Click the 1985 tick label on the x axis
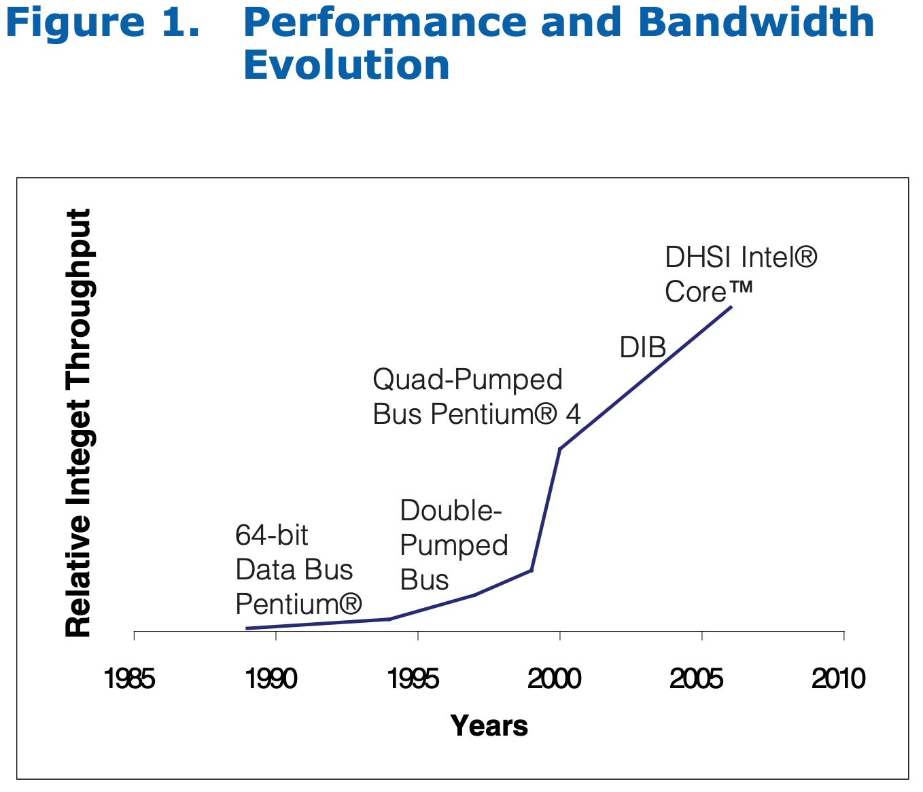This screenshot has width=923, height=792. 129,679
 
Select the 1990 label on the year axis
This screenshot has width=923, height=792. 271,679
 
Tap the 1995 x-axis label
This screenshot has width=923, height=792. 413,679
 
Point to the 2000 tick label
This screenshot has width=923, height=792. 555,679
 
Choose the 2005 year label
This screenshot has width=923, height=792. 697,679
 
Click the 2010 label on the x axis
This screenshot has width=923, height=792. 839,679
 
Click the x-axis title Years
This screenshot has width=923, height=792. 489,726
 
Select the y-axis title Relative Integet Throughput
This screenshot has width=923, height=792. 78,422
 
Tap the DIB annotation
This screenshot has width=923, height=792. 642,348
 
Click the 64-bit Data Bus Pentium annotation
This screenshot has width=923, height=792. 298,569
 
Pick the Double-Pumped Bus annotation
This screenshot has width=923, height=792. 453,545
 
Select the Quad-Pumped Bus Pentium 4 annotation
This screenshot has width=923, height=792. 476,397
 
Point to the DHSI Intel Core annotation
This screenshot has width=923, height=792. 741,274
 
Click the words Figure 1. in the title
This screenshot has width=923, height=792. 103,22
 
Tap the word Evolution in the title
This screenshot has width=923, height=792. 347,65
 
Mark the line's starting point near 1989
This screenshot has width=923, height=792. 247,628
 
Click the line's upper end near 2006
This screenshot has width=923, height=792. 731,307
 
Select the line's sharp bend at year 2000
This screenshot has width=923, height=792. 559,449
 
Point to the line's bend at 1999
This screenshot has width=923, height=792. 531,570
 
